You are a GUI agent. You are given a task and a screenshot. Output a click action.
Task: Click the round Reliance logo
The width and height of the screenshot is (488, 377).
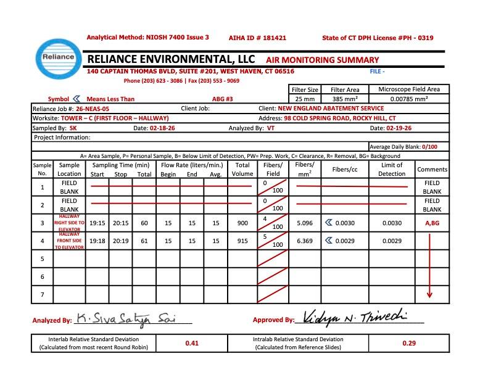coord(57,57)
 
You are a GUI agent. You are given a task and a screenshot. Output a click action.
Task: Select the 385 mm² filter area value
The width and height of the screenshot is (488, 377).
coord(345,99)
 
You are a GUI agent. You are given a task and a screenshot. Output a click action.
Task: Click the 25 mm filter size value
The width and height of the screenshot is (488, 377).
coord(305,99)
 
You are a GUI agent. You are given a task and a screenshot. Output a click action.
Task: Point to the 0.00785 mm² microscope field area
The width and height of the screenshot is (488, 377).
coord(409,99)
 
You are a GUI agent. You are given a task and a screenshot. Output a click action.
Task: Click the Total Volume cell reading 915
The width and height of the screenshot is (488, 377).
coord(242,241)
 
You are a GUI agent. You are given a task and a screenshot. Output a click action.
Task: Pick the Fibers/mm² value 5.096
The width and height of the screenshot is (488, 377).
coord(304,223)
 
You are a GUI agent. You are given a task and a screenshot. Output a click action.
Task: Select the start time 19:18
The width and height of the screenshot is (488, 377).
coord(97,241)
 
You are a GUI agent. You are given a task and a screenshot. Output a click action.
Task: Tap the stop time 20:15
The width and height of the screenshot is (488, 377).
coord(121,223)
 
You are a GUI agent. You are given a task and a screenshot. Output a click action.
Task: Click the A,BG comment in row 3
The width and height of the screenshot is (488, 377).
coord(431,223)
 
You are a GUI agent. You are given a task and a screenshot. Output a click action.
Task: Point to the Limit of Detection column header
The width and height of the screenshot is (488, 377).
coord(392,169)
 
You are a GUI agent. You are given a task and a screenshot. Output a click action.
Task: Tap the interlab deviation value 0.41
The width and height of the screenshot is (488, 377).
coord(191,343)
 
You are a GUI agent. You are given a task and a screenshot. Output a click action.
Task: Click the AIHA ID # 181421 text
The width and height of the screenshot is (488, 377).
coord(257,38)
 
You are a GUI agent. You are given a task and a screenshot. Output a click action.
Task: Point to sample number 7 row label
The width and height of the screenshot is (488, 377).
coord(42,294)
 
